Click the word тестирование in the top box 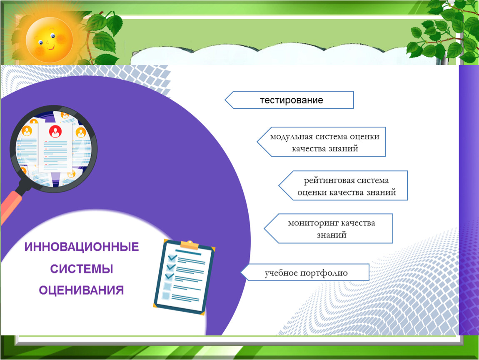(x=292, y=100)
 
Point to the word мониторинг (x=313, y=223)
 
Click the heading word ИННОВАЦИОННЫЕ (x=82, y=247)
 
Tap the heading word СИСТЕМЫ (x=82, y=269)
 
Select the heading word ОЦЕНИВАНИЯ (x=81, y=290)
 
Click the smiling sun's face (x=49, y=40)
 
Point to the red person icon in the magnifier (x=55, y=131)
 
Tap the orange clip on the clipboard (x=190, y=245)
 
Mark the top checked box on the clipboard (x=172, y=257)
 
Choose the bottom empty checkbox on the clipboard (x=166, y=296)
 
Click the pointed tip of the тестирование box (x=225, y=100)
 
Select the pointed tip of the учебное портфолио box (x=241, y=272)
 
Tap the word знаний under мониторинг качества (x=332, y=235)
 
